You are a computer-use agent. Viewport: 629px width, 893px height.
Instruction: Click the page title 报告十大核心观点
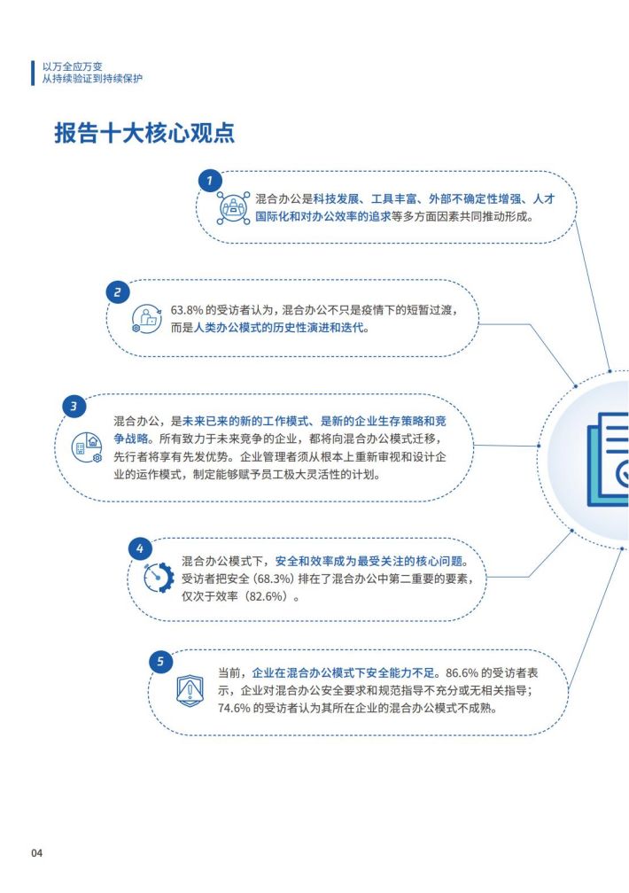coord(144,133)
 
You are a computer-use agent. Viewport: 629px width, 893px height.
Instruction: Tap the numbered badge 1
coord(210,181)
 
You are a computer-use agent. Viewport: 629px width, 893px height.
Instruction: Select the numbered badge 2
coord(118,292)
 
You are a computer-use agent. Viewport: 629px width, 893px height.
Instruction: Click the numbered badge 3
coord(74,407)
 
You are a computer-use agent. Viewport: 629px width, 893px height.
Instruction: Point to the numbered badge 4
coord(140,549)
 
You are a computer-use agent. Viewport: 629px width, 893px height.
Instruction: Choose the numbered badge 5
coord(160,661)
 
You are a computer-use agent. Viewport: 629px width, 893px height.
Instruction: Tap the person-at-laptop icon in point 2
coord(146,319)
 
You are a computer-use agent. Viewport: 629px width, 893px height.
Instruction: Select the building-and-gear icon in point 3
coord(87,447)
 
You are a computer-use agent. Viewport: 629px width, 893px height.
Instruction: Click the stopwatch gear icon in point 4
coord(159,578)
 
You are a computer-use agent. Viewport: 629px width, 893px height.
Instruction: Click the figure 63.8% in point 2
coord(187,310)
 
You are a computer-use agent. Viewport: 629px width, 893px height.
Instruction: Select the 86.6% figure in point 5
coord(462,673)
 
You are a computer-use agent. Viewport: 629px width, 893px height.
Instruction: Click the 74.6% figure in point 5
coord(234,709)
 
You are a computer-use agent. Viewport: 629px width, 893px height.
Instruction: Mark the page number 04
coord(37,852)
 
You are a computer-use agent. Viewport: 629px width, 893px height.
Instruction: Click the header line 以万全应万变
coord(73,66)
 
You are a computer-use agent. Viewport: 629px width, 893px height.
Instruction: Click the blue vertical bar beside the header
coord(33,73)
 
